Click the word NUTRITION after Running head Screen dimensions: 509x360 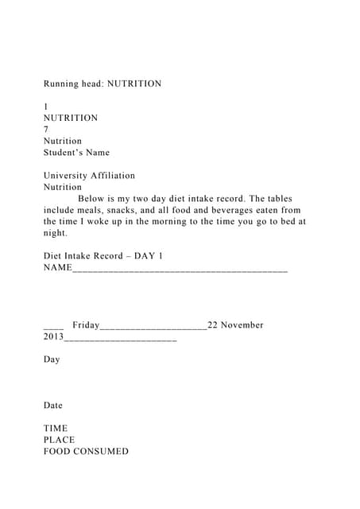(x=134, y=84)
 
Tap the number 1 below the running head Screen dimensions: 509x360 (x=46, y=107)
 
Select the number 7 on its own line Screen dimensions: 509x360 (x=46, y=130)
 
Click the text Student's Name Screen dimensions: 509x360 (x=76, y=153)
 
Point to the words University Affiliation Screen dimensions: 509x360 (x=89, y=176)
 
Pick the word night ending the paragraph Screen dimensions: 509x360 (x=56, y=234)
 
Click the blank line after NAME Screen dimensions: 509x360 (x=180, y=269)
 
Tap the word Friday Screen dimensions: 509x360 (x=86, y=325)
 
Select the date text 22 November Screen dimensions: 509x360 (x=235, y=325)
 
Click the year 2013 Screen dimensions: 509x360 (x=52, y=337)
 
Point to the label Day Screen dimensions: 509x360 (x=52, y=359)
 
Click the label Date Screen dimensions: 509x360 (x=52, y=406)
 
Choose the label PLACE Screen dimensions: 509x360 (x=59, y=440)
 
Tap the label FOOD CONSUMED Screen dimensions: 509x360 (x=86, y=452)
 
